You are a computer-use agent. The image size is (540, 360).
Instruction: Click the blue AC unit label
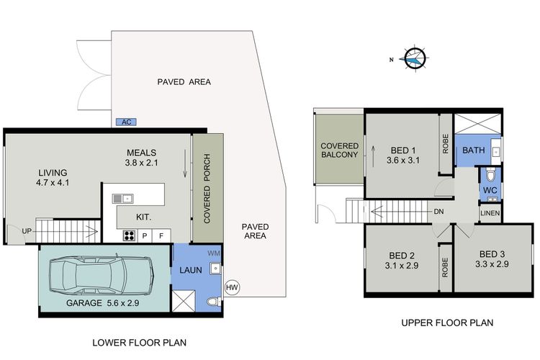[127, 122]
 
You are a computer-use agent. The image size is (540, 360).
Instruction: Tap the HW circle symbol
[232, 287]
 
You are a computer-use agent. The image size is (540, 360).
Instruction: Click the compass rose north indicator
[414, 59]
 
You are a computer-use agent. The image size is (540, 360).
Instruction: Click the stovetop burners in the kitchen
[130, 235]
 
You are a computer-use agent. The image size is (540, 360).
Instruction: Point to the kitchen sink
[123, 199]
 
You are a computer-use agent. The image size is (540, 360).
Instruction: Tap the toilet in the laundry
[214, 302]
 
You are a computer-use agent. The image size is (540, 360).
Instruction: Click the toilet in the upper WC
[490, 175]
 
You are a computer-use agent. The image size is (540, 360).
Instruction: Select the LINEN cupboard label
[490, 213]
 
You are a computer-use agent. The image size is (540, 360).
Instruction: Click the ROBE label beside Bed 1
[446, 144]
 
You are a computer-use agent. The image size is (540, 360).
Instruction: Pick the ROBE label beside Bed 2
[445, 267]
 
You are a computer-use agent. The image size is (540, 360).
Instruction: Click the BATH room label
[474, 150]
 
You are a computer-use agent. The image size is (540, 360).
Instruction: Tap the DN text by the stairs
[438, 212]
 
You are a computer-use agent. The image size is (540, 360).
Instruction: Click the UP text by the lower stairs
[27, 231]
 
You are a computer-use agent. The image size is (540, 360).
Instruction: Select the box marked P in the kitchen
[145, 235]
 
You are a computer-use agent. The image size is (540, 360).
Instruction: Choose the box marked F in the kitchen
[161, 235]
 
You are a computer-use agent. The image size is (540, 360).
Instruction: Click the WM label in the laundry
[214, 253]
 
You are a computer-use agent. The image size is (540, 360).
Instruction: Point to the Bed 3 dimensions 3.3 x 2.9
[492, 264]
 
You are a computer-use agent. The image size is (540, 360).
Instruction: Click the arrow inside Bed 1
[373, 156]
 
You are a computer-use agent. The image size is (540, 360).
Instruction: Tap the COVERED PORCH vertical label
[207, 189]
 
